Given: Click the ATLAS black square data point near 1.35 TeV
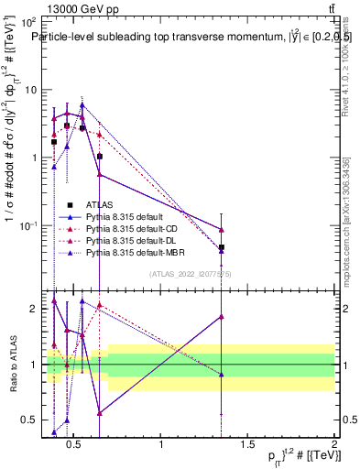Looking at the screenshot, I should click(x=221, y=247).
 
